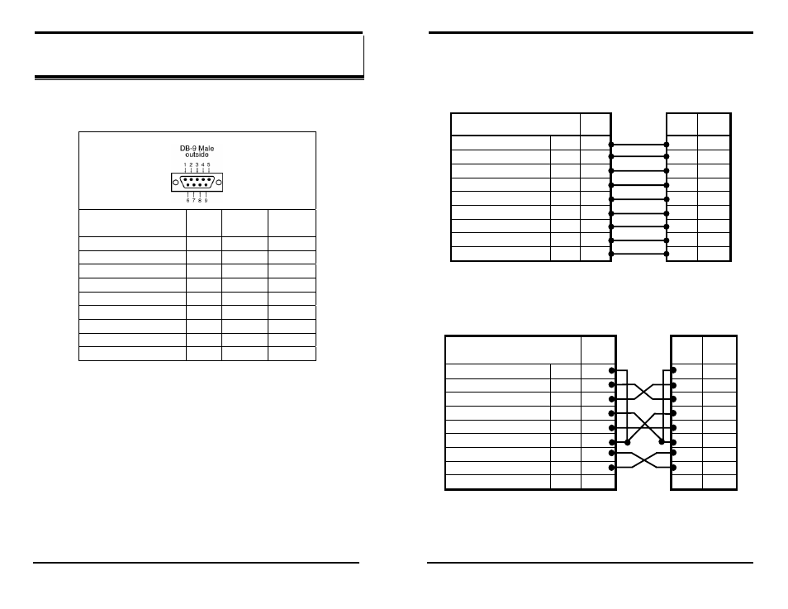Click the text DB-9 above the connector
[188, 148]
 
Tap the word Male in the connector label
[205, 148]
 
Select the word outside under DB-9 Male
[196, 155]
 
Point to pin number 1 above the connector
[183, 165]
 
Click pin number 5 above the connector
[208, 165]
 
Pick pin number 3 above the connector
[196, 165]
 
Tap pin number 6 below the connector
[187, 200]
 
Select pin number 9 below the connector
[206, 200]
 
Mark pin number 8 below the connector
[199, 200]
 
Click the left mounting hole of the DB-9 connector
[176, 183]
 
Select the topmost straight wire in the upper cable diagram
[638, 144]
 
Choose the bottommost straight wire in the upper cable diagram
[638, 254]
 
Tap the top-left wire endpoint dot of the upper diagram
[611, 144]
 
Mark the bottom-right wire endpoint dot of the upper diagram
[667, 254]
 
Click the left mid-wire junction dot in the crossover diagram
[628, 442]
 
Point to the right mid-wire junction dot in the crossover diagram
[661, 442]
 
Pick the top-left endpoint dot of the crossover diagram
[612, 370]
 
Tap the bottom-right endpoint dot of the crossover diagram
[674, 468]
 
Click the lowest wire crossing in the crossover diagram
[643, 460]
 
